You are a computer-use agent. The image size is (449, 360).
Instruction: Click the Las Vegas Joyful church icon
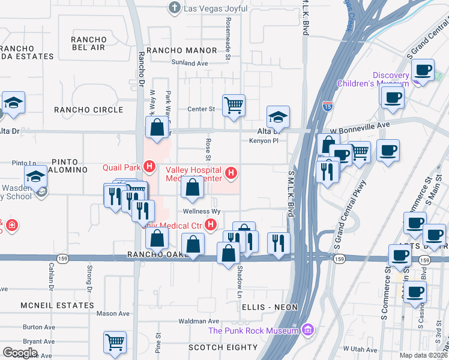click(175, 8)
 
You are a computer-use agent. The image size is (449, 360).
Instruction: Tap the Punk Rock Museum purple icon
click(308, 330)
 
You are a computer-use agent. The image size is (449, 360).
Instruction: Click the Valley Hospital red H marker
click(231, 175)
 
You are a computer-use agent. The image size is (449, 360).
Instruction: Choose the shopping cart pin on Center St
click(234, 105)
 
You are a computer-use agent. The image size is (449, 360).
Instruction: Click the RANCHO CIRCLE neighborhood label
click(88, 110)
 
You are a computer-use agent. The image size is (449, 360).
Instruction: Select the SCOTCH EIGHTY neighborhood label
click(223, 347)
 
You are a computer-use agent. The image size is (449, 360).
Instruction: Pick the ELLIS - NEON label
click(271, 307)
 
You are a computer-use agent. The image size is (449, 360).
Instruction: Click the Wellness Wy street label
click(202, 212)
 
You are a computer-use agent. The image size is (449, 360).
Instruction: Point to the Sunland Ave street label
click(189, 62)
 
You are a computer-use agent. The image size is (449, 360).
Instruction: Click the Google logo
click(20, 352)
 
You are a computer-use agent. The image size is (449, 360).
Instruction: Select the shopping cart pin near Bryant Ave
click(115, 342)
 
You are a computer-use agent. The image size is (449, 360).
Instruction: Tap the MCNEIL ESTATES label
click(57, 305)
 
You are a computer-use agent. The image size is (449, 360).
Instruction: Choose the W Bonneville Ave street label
click(360, 124)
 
